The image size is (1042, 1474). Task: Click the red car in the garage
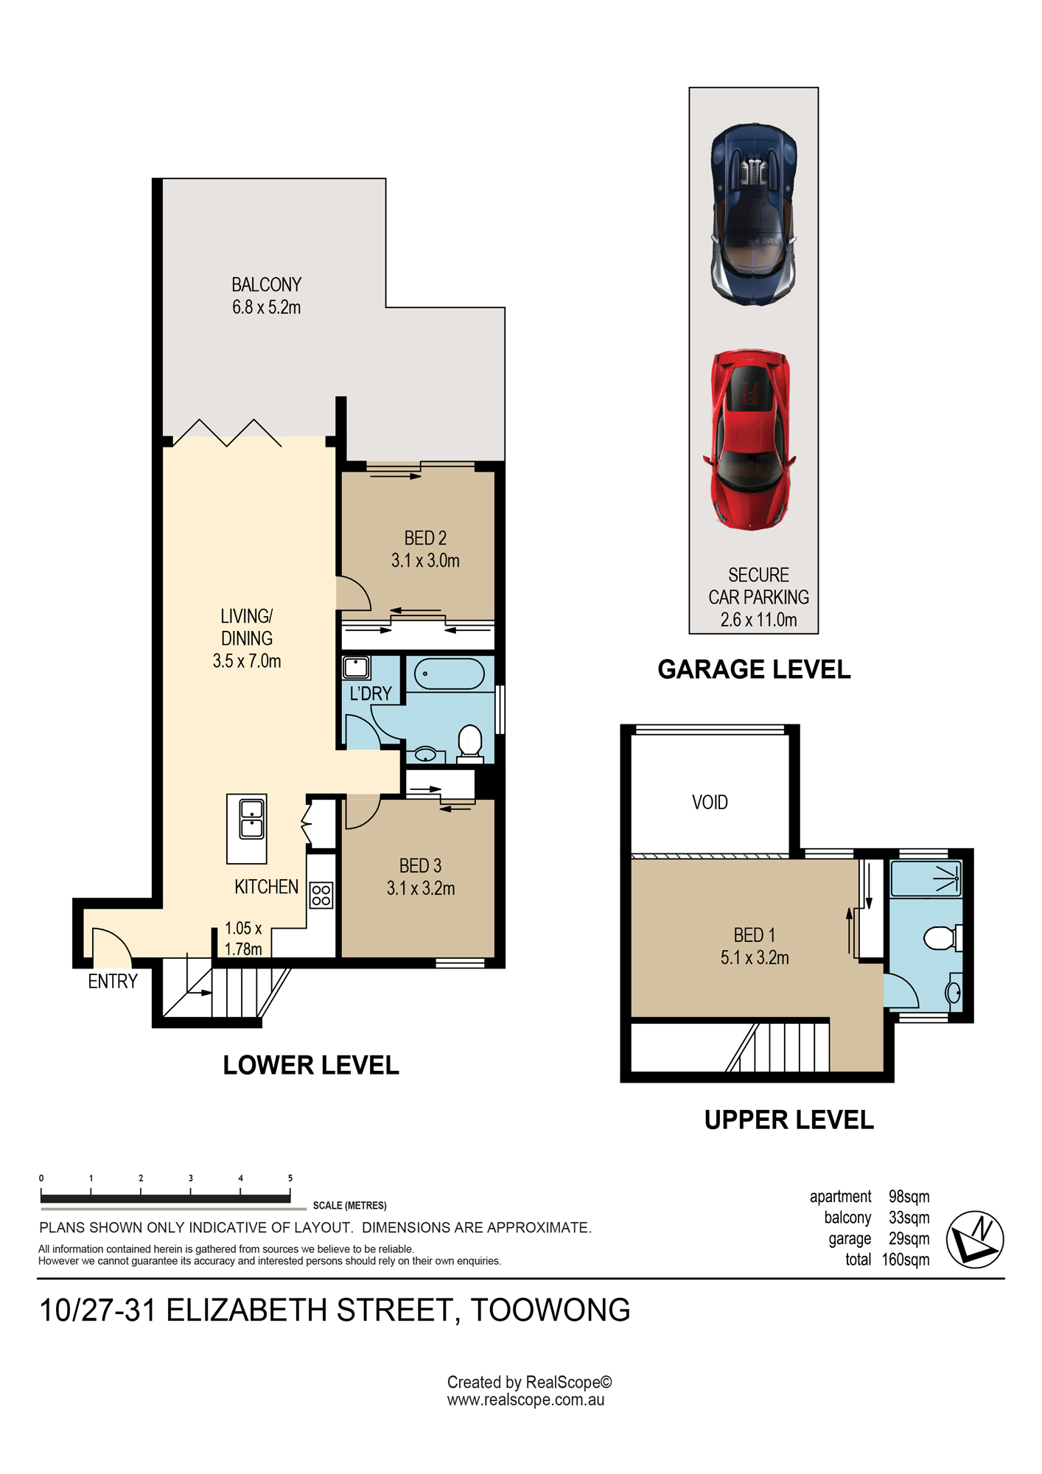pos(749,439)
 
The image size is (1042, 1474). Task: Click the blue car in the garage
pos(753,214)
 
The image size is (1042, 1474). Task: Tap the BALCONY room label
pos(266,284)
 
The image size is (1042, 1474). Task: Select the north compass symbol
pos(974,1239)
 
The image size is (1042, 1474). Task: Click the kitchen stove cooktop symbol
pos(321,895)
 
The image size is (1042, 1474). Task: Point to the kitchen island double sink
pos(251,819)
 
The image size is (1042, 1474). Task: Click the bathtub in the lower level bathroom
pos(449,674)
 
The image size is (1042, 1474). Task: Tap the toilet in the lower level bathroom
pos(469,744)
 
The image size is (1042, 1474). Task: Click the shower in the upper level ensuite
pos(926,879)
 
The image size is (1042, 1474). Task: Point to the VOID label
pos(710,802)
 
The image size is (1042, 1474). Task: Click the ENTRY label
pos(113,981)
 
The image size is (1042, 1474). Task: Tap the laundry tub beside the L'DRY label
pos(356,668)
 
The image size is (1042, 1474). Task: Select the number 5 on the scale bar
pos(290,1178)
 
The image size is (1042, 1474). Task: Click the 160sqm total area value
pos(906,1260)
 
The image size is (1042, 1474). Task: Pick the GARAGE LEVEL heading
pos(754,669)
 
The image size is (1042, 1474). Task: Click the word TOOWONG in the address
pos(550,1310)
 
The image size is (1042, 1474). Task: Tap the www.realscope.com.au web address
pos(525,1400)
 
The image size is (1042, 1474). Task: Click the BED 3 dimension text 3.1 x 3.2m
pos(421,888)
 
